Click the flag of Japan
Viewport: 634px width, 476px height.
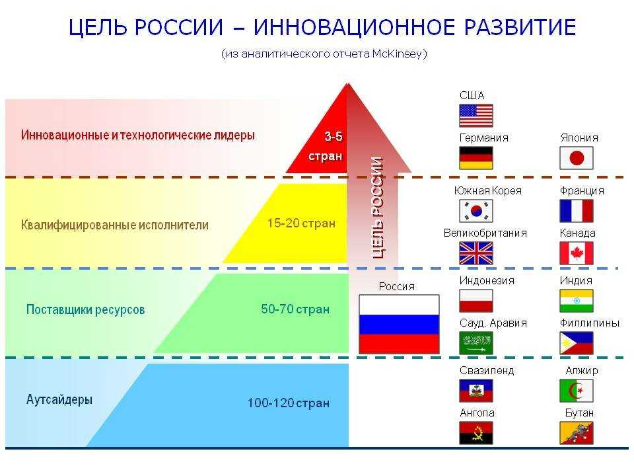click(576, 158)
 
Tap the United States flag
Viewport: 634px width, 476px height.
click(476, 115)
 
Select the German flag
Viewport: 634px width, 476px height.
click(476, 158)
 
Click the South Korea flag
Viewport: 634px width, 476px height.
click(476, 211)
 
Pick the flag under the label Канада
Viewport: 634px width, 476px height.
click(576, 253)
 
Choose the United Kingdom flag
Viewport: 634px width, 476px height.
click(476, 253)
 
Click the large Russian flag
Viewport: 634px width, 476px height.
click(399, 324)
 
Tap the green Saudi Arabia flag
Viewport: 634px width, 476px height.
click(476, 343)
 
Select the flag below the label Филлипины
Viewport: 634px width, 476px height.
click(576, 343)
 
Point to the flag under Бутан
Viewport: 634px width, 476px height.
click(576, 432)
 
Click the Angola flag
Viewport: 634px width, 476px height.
click(476, 432)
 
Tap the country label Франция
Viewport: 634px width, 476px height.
click(582, 190)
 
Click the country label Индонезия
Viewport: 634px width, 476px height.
click(487, 280)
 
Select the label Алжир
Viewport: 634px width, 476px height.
click(581, 370)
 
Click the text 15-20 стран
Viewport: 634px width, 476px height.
click(301, 223)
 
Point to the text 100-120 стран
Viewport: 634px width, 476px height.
click(289, 403)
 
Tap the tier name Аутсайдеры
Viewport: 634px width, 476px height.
click(59, 399)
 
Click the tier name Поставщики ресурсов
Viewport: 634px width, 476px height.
click(85, 309)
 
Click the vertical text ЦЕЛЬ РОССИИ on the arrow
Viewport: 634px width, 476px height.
click(377, 207)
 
